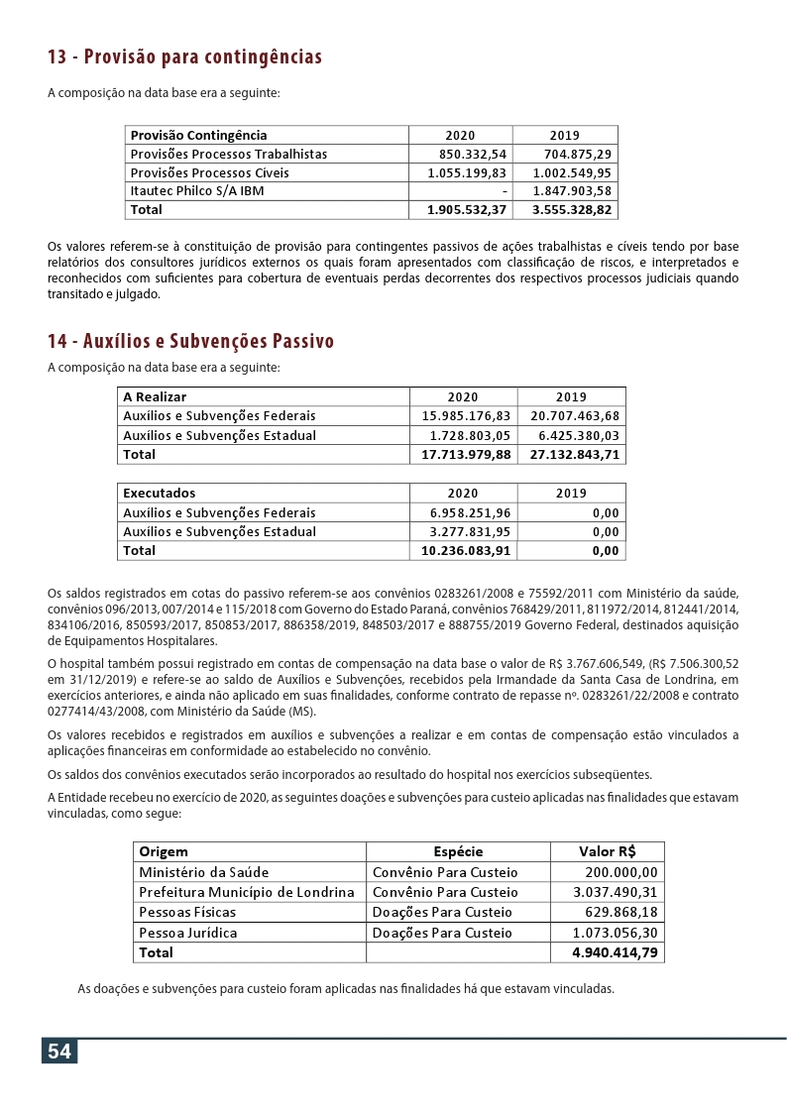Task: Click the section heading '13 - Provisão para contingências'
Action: (x=184, y=56)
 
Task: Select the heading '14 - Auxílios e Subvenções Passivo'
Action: (x=190, y=342)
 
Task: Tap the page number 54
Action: (x=59, y=1052)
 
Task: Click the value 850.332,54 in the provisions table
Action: (x=473, y=154)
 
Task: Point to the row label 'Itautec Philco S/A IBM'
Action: (x=197, y=191)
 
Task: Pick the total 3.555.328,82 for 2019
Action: (x=572, y=210)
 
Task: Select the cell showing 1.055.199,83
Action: (x=467, y=172)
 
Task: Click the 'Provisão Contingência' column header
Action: (x=199, y=135)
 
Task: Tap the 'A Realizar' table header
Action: (x=155, y=396)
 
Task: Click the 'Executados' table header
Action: (x=160, y=493)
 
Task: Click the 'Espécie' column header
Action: (x=458, y=851)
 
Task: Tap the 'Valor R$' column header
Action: (x=607, y=851)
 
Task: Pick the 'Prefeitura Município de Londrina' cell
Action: (x=247, y=892)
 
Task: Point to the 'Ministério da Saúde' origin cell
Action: (x=204, y=872)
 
